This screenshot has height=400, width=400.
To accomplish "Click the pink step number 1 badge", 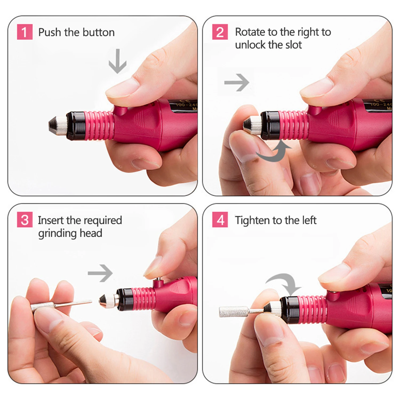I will pyautogui.click(x=25, y=32).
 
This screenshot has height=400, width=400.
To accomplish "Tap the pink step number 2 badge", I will pyautogui.click(x=220, y=32).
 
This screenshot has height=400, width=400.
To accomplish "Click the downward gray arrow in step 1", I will pyautogui.click(x=117, y=61).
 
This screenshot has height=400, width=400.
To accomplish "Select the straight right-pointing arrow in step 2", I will pyautogui.click(x=237, y=82).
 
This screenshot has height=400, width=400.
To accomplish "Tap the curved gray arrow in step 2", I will pyautogui.click(x=273, y=152).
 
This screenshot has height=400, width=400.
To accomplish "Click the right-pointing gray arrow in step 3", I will pyautogui.click(x=100, y=273).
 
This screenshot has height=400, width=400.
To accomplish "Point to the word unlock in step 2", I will pyautogui.click(x=251, y=45).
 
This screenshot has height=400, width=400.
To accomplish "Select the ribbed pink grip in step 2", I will pyautogui.click(x=293, y=125).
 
